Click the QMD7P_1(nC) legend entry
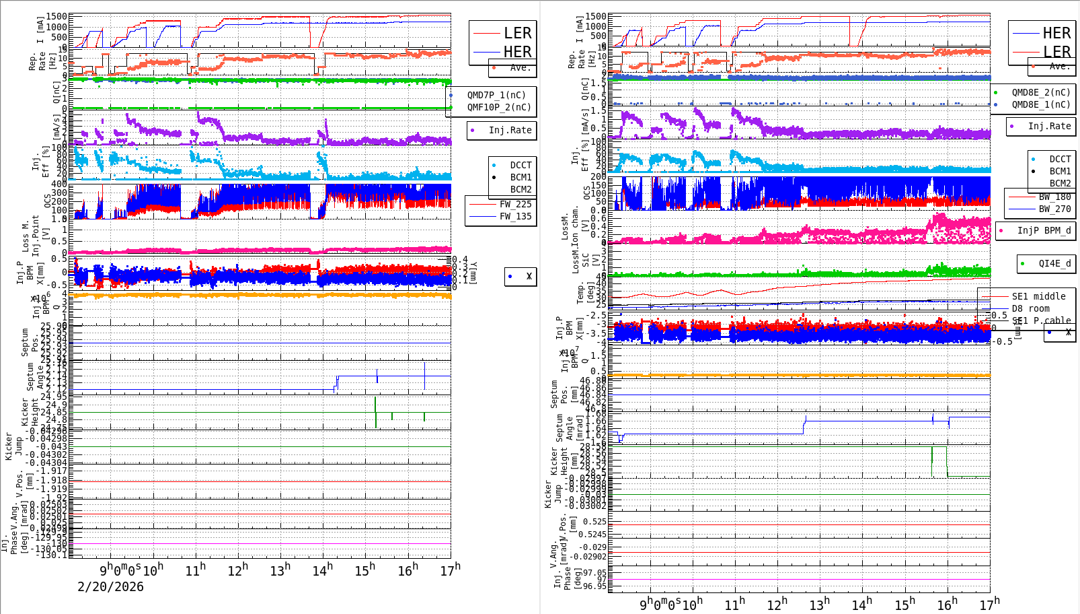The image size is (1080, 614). tap(496, 95)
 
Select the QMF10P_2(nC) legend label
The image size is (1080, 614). tap(498, 107)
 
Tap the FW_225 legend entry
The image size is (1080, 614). tap(514, 204)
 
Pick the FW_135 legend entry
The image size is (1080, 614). tap(514, 216)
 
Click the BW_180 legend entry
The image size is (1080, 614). tap(1054, 197)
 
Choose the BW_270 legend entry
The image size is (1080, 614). tap(1054, 209)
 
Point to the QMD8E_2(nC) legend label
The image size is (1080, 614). tap(1040, 92)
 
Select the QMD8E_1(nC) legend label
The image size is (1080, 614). tap(1040, 104)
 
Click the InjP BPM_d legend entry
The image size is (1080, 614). tap(1043, 230)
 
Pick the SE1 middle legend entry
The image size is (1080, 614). tap(1038, 296)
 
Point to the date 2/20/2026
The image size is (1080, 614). tap(110, 587)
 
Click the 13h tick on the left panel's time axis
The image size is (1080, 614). tap(280, 570)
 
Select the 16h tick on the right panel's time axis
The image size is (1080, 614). tap(947, 604)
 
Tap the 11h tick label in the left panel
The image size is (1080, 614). tap(196, 570)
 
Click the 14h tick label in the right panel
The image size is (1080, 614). tap(862, 604)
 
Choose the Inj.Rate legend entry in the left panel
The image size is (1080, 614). tap(509, 130)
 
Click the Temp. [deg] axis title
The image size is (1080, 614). tap(581, 293)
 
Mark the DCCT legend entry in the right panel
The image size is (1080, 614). tap(1060, 160)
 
